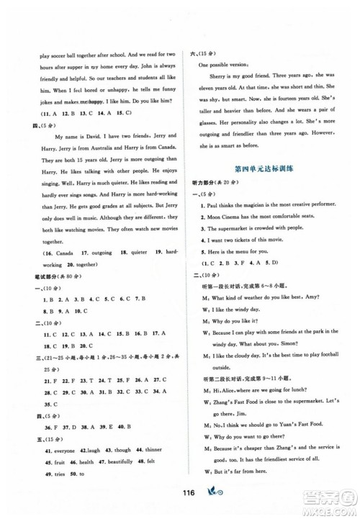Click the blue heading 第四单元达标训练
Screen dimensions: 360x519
pos(260,168)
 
